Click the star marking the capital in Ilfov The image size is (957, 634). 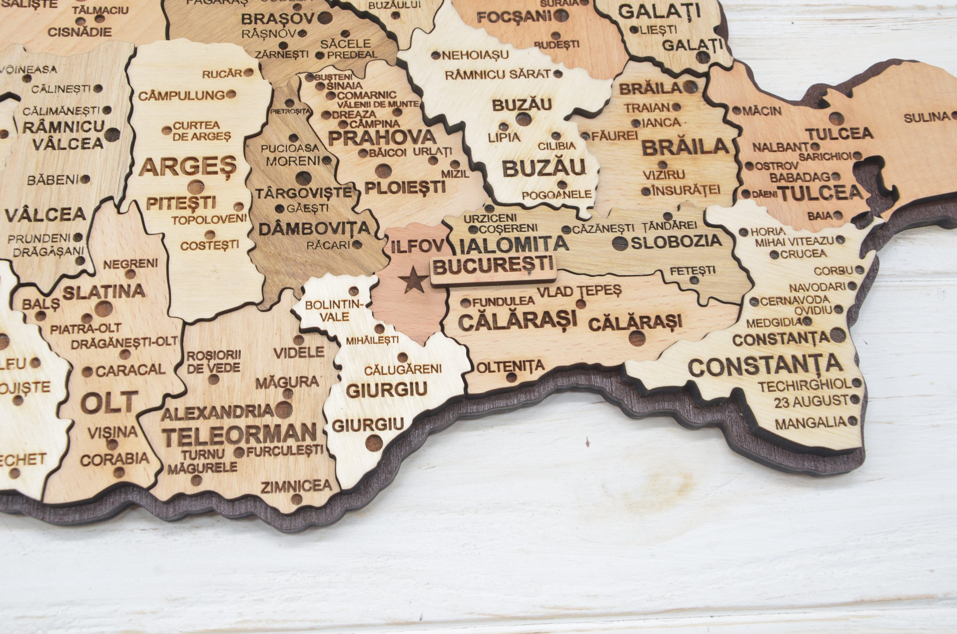click(x=412, y=280)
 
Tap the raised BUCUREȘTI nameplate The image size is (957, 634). click(x=493, y=266)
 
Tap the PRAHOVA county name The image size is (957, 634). click(x=382, y=138)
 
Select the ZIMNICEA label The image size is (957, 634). click(x=296, y=486)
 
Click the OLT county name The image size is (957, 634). click(x=109, y=403)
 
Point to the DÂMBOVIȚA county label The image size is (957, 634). click(x=314, y=229)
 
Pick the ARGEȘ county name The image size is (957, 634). click(x=188, y=167)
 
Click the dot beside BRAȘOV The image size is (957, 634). click(x=324, y=18)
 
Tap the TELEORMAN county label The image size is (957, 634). click(x=239, y=434)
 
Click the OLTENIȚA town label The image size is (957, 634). click(x=511, y=367)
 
